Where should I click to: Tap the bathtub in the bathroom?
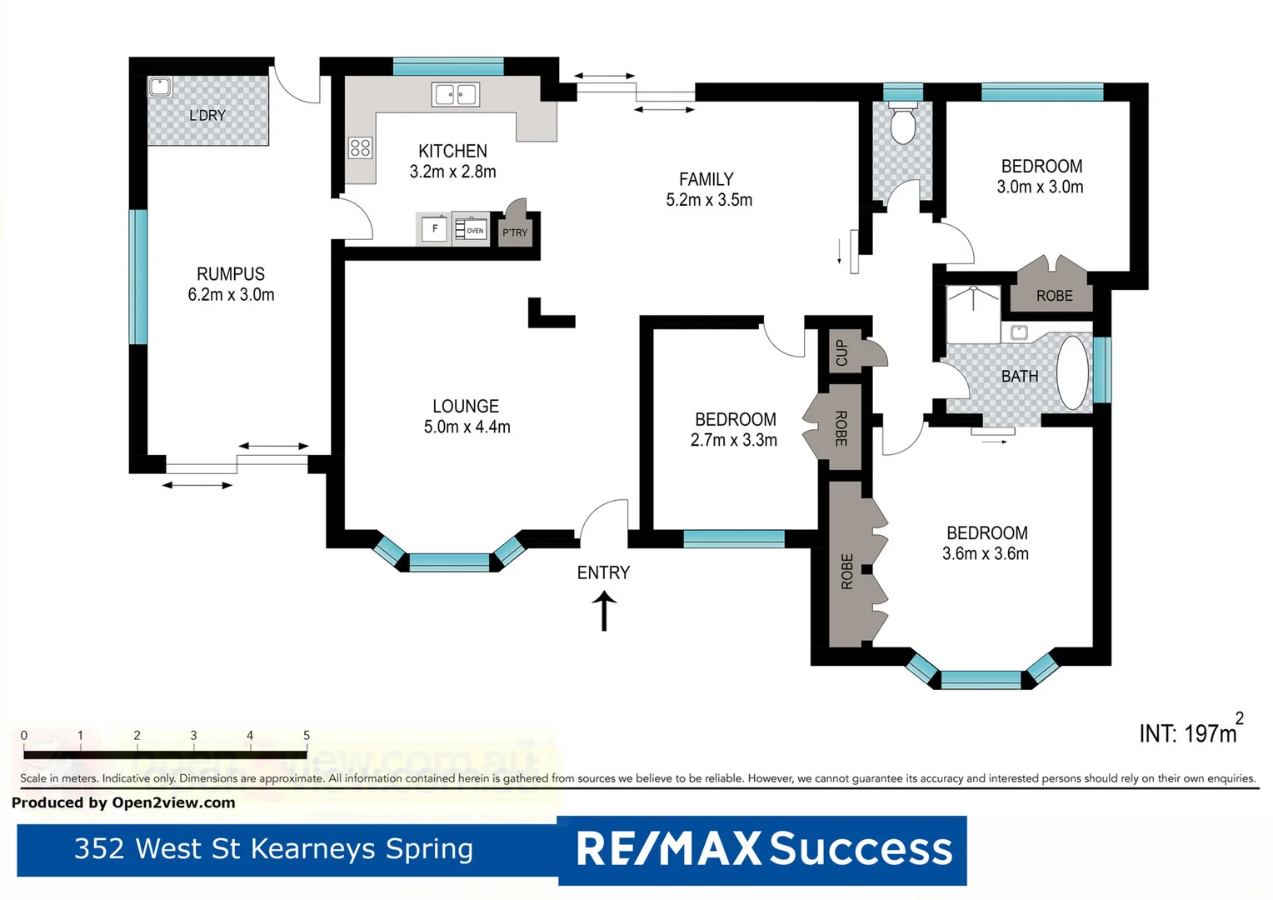(1073, 372)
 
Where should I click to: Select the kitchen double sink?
(455, 94)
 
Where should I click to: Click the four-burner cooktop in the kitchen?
(360, 148)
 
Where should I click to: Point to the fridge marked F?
(434, 229)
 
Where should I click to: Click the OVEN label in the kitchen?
(474, 230)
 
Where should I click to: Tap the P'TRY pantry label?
(515, 232)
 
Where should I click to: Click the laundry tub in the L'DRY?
(159, 87)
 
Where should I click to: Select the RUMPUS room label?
(231, 274)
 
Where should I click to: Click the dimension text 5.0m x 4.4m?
(467, 427)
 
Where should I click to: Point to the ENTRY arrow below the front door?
(604, 611)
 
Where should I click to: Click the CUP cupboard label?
(841, 352)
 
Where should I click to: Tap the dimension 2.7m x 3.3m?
(733, 440)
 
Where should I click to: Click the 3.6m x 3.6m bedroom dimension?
(985, 554)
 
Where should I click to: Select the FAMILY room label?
(706, 179)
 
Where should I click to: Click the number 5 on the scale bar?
(307, 735)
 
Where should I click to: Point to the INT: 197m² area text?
(1190, 732)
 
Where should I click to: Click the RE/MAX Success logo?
(763, 849)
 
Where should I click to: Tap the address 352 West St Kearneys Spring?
(273, 848)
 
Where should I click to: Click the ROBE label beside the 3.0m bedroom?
(1054, 296)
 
